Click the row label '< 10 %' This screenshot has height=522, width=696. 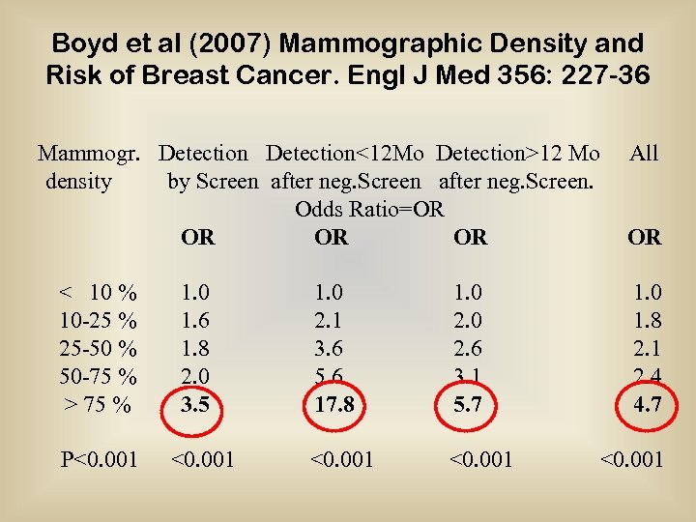(x=98, y=292)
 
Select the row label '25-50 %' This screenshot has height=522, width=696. (x=98, y=347)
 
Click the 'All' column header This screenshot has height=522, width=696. (x=643, y=153)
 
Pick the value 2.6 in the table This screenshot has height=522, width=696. (x=469, y=347)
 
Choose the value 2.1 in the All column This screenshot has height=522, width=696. (x=647, y=347)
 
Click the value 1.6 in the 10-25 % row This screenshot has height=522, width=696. (x=196, y=320)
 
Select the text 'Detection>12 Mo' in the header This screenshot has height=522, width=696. (x=517, y=153)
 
